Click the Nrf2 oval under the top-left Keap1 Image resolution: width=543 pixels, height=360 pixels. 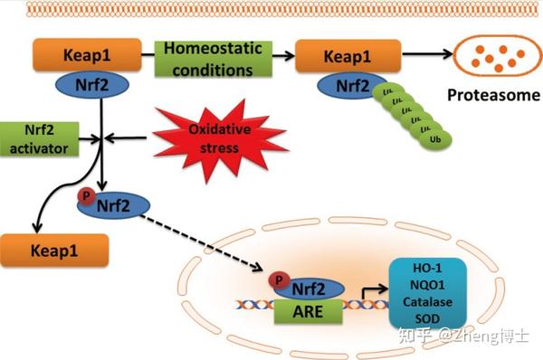102,85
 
